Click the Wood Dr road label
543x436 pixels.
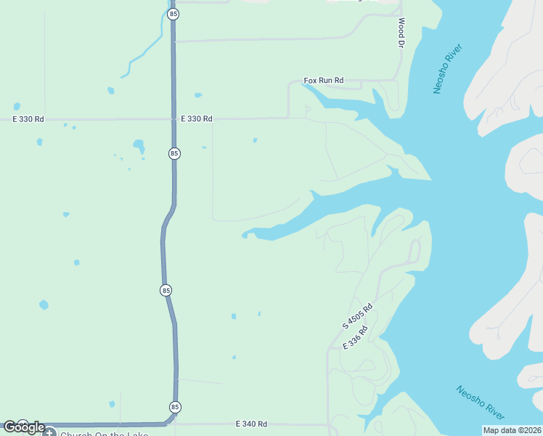400,34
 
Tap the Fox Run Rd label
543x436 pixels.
323,80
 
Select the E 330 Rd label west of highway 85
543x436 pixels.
28,118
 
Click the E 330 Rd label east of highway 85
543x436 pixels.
196,118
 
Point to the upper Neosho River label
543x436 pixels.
447,68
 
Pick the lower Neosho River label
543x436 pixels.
480,402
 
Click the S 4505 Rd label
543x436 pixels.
357,315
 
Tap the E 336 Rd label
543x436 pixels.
354,339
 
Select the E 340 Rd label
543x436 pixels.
251,424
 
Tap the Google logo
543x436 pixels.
24,427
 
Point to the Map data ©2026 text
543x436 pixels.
511,430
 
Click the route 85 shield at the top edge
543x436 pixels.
173,14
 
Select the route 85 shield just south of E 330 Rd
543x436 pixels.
174,153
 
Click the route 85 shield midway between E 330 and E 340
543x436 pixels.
166,290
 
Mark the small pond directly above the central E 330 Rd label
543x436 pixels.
197,94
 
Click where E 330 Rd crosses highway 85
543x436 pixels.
173,118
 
